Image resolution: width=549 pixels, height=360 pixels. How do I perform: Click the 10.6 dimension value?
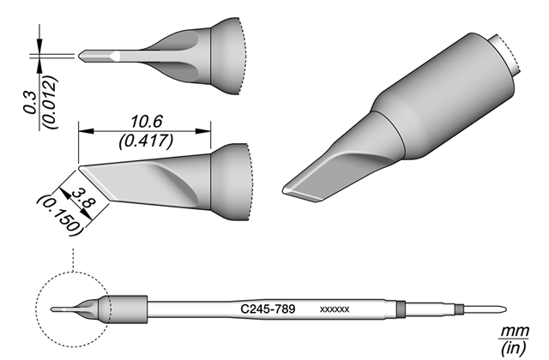click(x=147, y=122)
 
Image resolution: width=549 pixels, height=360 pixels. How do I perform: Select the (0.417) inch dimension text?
click(x=146, y=141)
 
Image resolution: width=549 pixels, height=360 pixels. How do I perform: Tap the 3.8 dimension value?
click(x=83, y=198)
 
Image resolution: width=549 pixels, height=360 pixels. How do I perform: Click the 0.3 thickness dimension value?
click(x=30, y=103)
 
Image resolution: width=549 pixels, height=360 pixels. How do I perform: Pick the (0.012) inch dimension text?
click(x=50, y=102)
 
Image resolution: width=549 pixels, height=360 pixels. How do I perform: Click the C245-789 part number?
click(x=268, y=309)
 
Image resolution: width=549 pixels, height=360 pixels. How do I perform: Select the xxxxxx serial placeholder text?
click(x=335, y=309)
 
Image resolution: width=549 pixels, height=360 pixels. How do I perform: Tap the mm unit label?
click(x=514, y=331)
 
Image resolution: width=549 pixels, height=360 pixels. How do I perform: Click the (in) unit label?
click(x=513, y=347)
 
